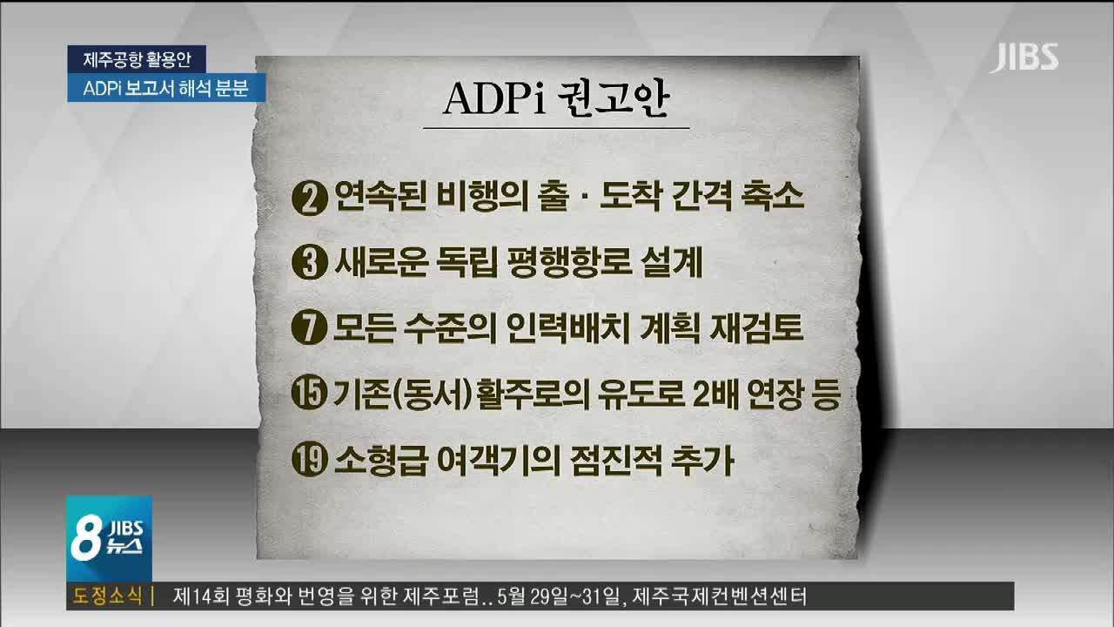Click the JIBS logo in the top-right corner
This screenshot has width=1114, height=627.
click(x=1024, y=57)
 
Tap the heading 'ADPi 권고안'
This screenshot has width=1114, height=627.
click(x=556, y=99)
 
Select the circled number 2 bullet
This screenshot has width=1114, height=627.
click(x=309, y=198)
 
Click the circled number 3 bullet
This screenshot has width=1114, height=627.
click(x=309, y=262)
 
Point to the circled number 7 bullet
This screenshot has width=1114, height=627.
click(x=309, y=327)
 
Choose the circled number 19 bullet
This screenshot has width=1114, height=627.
click(x=309, y=459)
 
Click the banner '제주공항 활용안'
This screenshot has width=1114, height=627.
click(x=137, y=59)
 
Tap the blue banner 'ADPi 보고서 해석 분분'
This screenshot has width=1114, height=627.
click(x=166, y=88)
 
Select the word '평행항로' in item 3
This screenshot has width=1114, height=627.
click(x=568, y=262)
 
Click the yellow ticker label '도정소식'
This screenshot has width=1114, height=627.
click(x=107, y=596)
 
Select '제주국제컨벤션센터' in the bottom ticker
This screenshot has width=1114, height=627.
click(x=719, y=597)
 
